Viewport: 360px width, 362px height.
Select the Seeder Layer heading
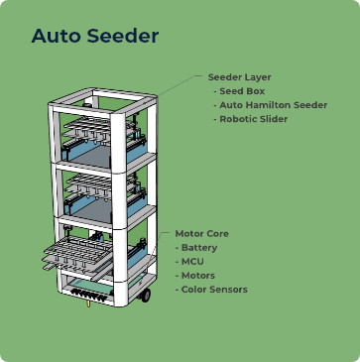(x=239, y=76)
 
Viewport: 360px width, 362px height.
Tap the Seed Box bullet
(x=243, y=90)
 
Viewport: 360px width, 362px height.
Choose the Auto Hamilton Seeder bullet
(x=273, y=104)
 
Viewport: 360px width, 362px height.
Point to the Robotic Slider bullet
(x=253, y=118)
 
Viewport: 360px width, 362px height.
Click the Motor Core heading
(x=201, y=233)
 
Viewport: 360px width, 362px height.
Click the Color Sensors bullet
(x=213, y=289)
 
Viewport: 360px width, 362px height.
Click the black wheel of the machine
(x=145, y=295)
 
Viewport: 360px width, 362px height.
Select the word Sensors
(x=228, y=289)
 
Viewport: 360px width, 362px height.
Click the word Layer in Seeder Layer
(x=257, y=76)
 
